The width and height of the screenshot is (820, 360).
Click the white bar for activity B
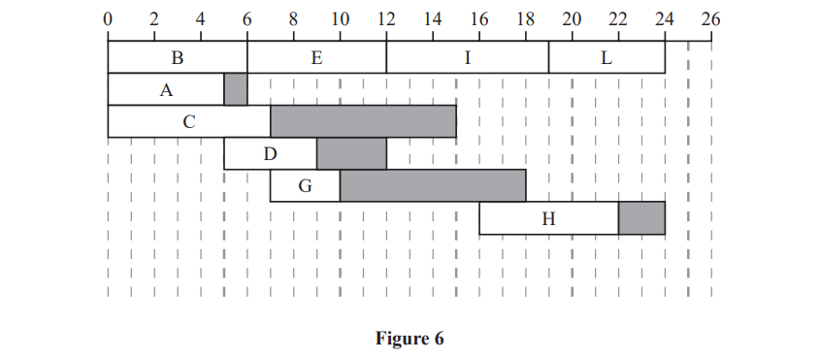pyautogui.click(x=177, y=57)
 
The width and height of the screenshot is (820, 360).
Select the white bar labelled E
pyautogui.click(x=316, y=57)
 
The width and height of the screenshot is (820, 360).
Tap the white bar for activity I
pyautogui.click(x=467, y=57)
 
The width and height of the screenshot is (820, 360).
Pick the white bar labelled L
pyautogui.click(x=607, y=57)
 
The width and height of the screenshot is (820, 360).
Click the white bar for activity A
pyautogui.click(x=165, y=89)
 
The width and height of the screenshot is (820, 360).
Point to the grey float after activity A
pyautogui.click(x=236, y=89)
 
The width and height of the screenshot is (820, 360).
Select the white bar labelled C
pyautogui.click(x=188, y=121)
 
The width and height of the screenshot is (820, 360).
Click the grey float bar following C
pyautogui.click(x=363, y=121)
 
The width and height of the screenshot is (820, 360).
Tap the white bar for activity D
pyautogui.click(x=270, y=153)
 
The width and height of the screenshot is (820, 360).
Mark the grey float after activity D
pyautogui.click(x=351, y=153)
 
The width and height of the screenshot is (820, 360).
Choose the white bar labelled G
pyautogui.click(x=305, y=185)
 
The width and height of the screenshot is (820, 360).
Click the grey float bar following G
pyautogui.click(x=433, y=185)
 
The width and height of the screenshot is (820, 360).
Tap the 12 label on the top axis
pyautogui.click(x=386, y=17)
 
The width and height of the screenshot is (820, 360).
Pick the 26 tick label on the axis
pyautogui.click(x=710, y=17)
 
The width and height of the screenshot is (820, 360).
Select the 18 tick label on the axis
pyautogui.click(x=525, y=17)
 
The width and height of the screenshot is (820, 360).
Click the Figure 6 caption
pyautogui.click(x=410, y=339)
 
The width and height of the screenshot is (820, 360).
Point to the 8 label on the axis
pyautogui.click(x=293, y=17)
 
